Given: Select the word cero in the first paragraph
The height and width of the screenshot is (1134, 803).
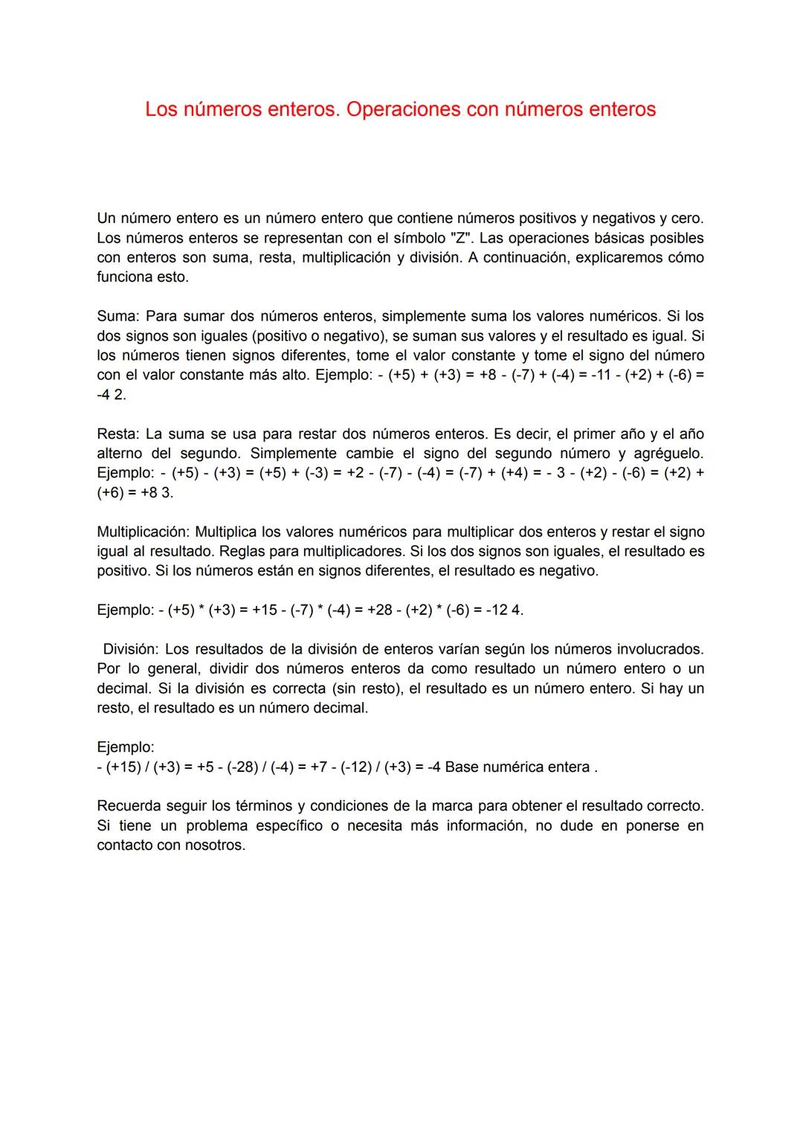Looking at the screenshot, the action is coord(686,219).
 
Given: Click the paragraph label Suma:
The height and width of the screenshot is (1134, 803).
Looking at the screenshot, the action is coord(118,317).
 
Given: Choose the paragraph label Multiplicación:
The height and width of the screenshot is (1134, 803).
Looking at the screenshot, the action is coord(143,532).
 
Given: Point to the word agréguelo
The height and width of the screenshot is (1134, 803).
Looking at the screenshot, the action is coord(668,454).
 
